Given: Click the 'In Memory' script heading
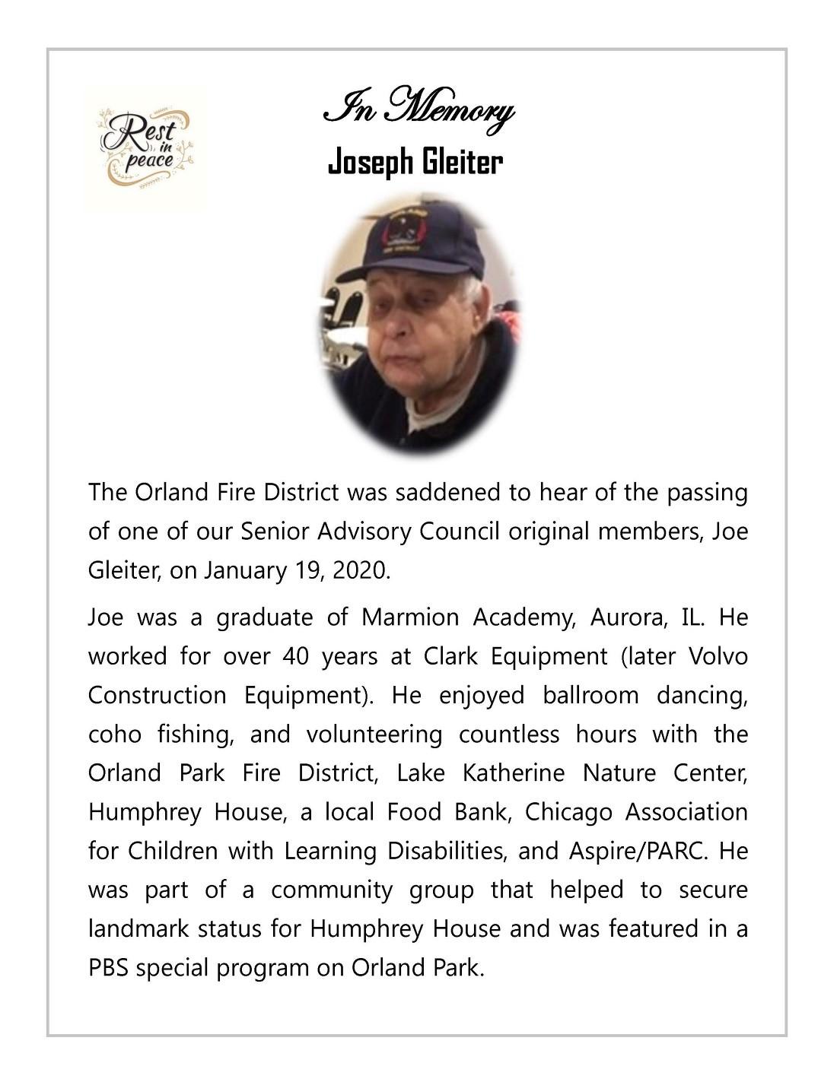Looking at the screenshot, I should click(418, 111).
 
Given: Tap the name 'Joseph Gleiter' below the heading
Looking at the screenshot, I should click(415, 162).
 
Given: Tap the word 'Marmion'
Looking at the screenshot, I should click(410, 617).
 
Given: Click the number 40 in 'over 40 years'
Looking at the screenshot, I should click(294, 656).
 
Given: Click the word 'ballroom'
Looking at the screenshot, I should click(590, 695).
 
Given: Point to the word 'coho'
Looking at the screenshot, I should click(114, 735).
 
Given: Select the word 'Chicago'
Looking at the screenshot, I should click(568, 812).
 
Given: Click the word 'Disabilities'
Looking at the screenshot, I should click(446, 851).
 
